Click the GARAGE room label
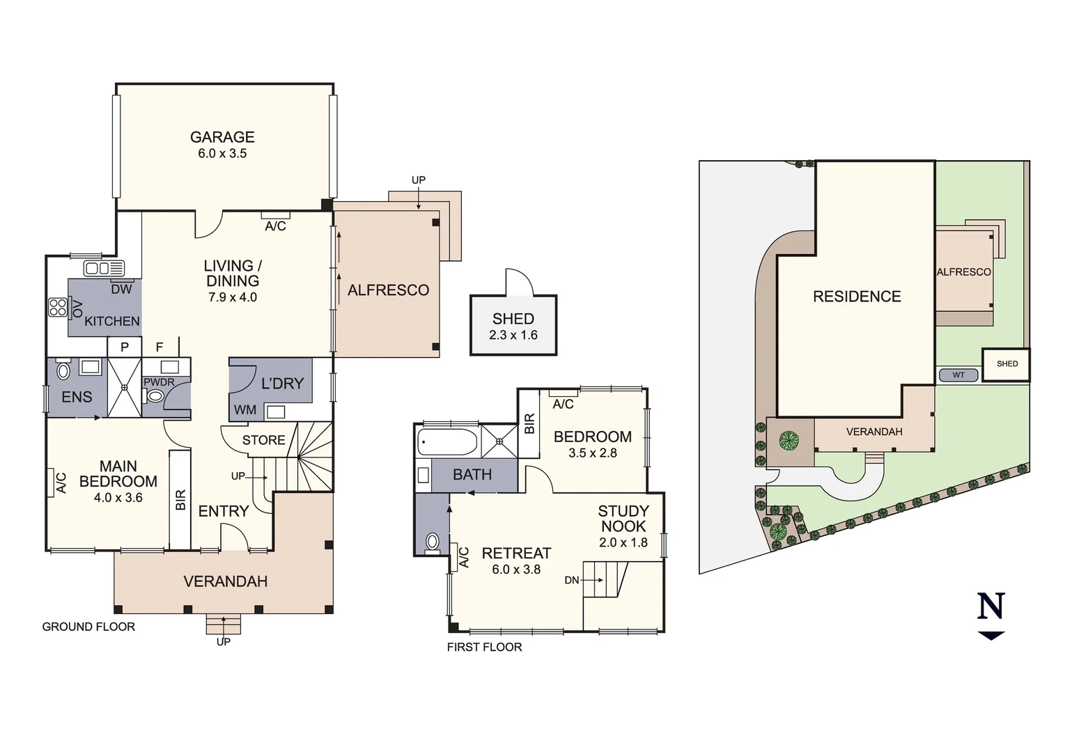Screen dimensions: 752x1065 pyautogui.click(x=222, y=137)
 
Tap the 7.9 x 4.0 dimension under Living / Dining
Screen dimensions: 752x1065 pyautogui.click(x=233, y=297)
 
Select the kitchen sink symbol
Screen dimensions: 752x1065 pyautogui.click(x=104, y=268)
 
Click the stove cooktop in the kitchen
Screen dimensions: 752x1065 pyautogui.click(x=58, y=307)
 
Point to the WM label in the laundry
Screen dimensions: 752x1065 pyautogui.click(x=244, y=410)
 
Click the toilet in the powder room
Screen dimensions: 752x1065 pyautogui.click(x=155, y=396)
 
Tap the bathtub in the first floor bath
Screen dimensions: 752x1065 pyautogui.click(x=447, y=441)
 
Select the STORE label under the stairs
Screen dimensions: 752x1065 pyautogui.click(x=263, y=440)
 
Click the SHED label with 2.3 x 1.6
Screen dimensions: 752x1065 pyautogui.click(x=513, y=319)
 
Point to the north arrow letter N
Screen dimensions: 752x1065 pyautogui.click(x=990, y=606)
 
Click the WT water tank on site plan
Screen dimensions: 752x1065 pyautogui.click(x=958, y=375)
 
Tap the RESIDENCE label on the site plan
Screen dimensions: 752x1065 pyautogui.click(x=857, y=297)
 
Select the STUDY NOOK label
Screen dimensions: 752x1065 pyautogui.click(x=623, y=519)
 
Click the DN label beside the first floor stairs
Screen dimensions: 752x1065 pyautogui.click(x=571, y=580)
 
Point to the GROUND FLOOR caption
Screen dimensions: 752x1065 pyautogui.click(x=88, y=627)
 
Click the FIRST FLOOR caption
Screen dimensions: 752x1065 pyautogui.click(x=484, y=647)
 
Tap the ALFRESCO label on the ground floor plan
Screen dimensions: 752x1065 pyautogui.click(x=388, y=290)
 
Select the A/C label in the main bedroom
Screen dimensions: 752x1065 pyautogui.click(x=61, y=483)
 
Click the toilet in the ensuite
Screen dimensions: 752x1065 pyautogui.click(x=63, y=370)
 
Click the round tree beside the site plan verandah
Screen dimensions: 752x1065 pyautogui.click(x=789, y=440)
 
